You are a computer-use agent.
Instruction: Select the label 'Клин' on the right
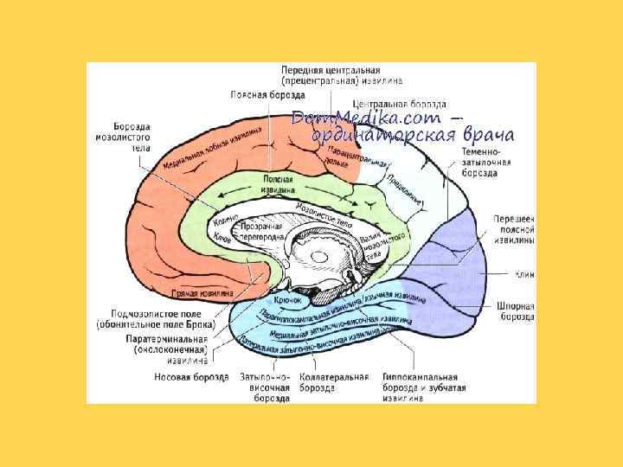523,275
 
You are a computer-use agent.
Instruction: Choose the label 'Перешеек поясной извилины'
512,231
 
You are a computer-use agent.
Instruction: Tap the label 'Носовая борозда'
191,377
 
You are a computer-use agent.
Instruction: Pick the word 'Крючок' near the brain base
287,298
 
